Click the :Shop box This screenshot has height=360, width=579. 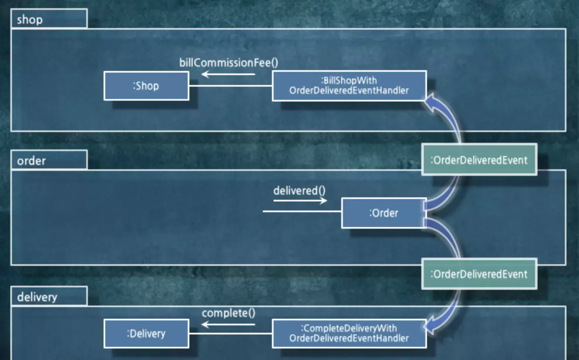coord(146,86)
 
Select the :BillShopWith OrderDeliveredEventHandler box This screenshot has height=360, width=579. coord(349,86)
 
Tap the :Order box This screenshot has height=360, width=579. coord(384,213)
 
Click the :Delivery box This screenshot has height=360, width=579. coord(146,334)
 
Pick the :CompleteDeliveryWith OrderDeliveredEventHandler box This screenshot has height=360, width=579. coord(349,333)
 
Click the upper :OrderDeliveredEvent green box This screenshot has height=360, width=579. coord(479,160)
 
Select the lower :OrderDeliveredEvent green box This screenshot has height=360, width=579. coord(479,274)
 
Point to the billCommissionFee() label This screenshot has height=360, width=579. coord(229,63)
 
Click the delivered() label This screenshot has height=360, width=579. coord(299,191)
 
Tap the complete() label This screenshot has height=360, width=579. coord(228,313)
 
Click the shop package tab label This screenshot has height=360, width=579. coord(30,20)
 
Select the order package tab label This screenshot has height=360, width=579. coord(31,161)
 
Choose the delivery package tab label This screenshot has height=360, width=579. coord(37,297)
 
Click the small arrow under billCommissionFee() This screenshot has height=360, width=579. coord(228,75)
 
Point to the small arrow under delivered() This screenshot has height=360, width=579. coord(300,201)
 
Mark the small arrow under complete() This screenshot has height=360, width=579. coord(228,325)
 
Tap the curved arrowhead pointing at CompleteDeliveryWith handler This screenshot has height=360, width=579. coord(429,326)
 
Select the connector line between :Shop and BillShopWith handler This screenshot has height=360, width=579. coord(230,86)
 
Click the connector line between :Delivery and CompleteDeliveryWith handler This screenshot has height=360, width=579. coord(230,333)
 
